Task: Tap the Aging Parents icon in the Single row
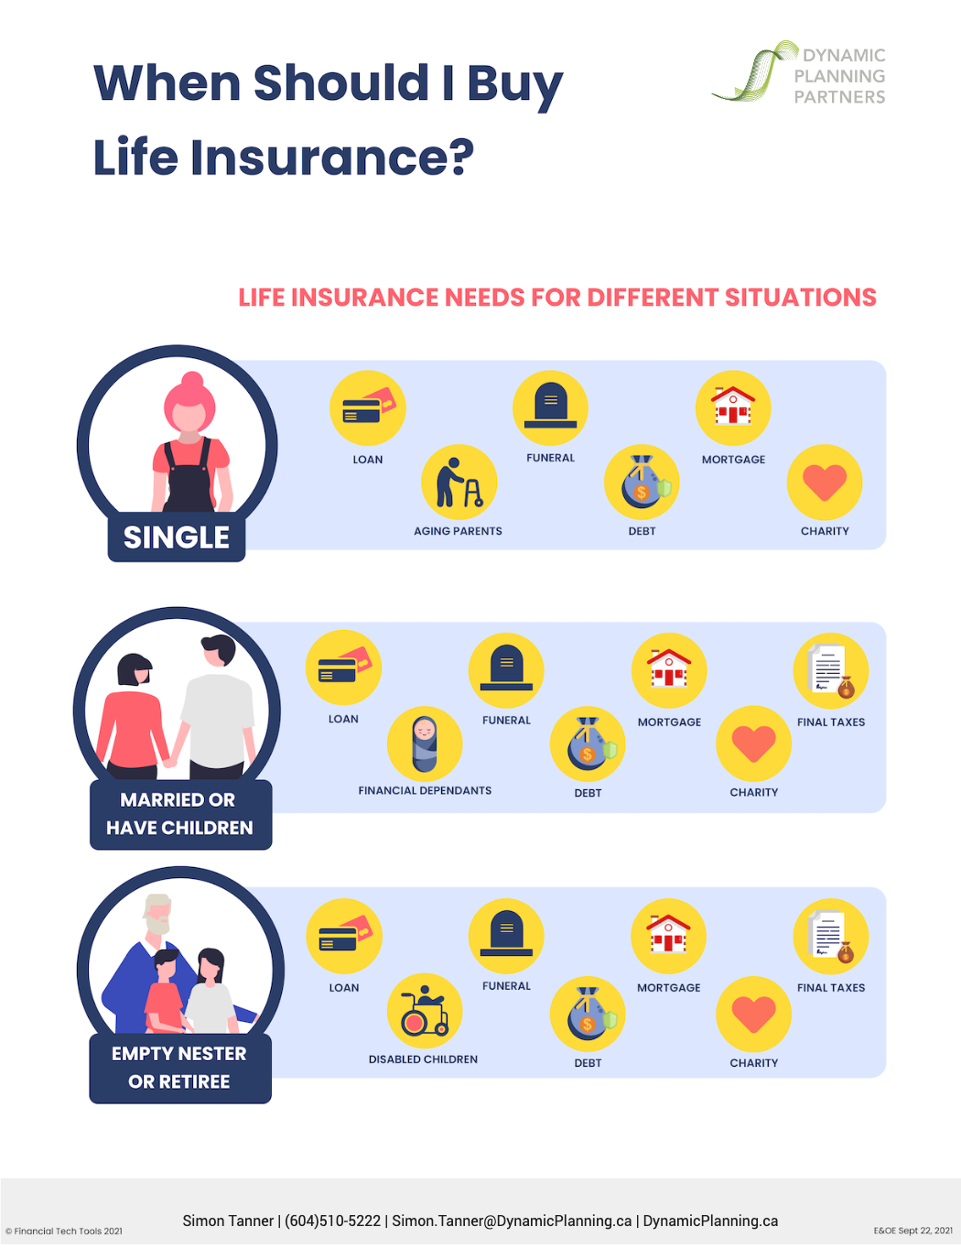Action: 459,482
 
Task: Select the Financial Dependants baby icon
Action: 425,743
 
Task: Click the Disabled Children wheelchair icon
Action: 425,1011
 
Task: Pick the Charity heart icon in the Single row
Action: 825,482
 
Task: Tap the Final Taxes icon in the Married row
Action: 831,670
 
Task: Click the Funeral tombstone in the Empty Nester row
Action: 506,936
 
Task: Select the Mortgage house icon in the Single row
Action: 733,407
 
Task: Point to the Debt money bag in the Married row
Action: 588,743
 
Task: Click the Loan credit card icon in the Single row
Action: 367,407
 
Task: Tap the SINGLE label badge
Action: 177,537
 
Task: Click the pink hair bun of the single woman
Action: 192,380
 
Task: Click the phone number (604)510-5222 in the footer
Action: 332,1221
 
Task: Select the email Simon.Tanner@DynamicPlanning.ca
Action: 512,1221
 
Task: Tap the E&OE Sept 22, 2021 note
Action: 912,1231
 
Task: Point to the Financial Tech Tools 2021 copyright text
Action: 64,1231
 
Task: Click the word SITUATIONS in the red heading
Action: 800,298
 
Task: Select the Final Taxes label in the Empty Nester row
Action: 831,988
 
